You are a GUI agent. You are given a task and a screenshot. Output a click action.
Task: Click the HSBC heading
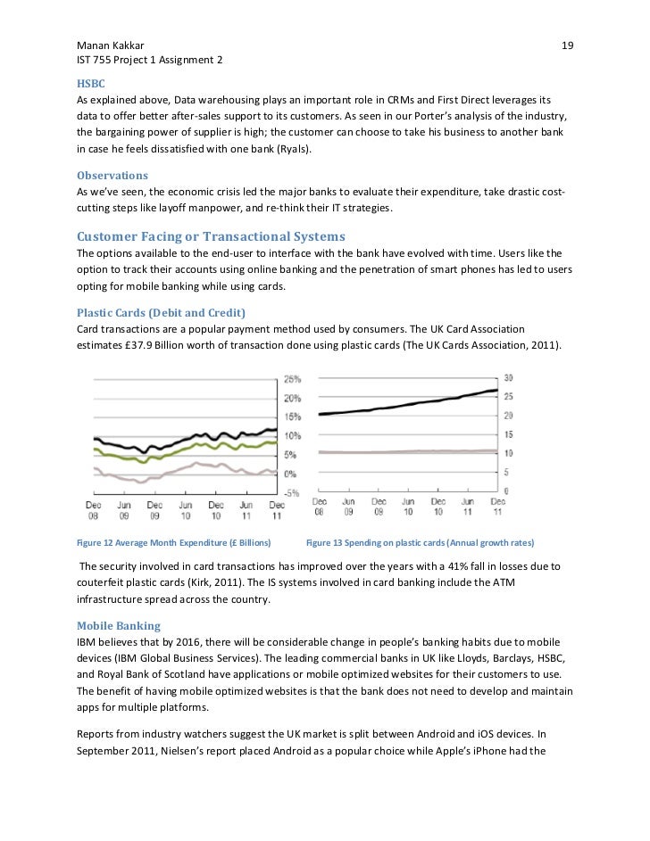[x=91, y=84]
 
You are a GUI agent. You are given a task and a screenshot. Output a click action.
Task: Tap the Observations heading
[x=112, y=176]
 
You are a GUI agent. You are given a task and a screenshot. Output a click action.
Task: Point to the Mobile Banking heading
[x=119, y=625]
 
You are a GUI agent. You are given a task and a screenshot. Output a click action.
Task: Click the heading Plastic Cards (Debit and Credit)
[x=162, y=313]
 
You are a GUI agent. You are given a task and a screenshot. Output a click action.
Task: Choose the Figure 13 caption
[x=420, y=542]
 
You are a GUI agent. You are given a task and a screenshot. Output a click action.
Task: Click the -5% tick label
[x=292, y=492]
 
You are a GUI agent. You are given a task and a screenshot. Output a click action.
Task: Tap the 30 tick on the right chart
[x=509, y=377]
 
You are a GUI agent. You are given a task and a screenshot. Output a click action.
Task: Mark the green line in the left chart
[x=179, y=445]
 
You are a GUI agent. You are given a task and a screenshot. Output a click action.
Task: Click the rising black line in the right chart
[x=411, y=405]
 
